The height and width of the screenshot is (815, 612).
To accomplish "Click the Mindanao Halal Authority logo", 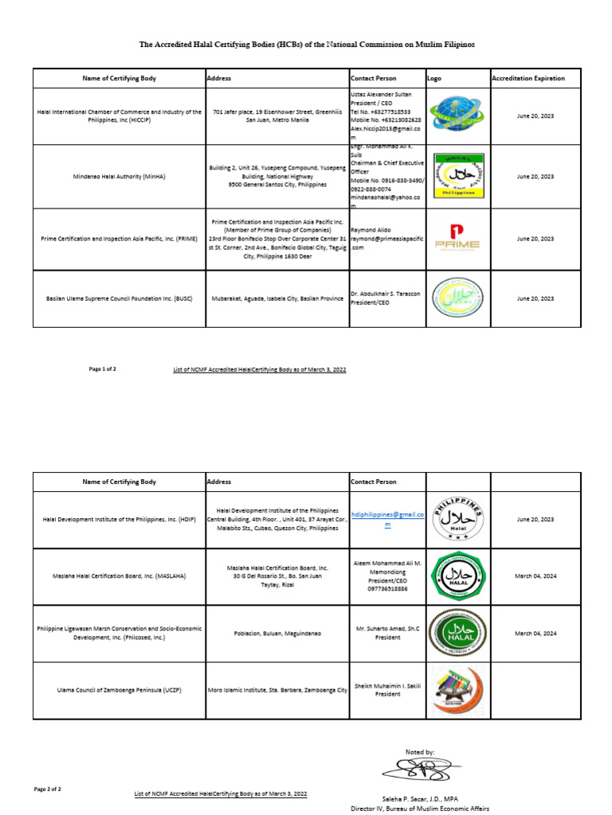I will click(457, 176).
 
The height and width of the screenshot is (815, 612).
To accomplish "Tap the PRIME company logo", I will click(457, 237).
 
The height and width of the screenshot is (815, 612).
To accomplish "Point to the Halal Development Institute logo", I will click(457, 519).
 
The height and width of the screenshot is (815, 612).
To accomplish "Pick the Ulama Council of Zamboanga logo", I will click(457, 690).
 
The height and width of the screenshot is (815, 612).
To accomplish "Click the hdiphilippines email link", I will click(388, 520).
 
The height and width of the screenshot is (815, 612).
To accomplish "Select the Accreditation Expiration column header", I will click(528, 79).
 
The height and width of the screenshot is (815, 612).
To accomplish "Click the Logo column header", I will click(434, 79).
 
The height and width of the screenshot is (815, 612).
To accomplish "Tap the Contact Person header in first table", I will click(374, 79).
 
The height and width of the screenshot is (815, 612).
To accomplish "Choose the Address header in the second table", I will click(219, 482).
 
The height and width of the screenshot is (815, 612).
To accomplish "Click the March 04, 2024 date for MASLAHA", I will click(535, 575).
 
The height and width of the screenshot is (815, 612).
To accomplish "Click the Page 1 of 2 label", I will click(103, 369).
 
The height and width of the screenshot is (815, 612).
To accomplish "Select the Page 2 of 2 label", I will click(47, 789).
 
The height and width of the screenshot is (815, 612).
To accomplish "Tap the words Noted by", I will click(420, 751).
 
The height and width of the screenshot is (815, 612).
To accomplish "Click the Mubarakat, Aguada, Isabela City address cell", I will click(277, 298).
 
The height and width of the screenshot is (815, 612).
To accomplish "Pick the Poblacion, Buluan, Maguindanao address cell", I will click(277, 634).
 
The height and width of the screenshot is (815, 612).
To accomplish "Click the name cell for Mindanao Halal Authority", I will click(120, 176).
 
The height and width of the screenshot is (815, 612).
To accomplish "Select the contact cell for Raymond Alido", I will click(387, 238).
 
